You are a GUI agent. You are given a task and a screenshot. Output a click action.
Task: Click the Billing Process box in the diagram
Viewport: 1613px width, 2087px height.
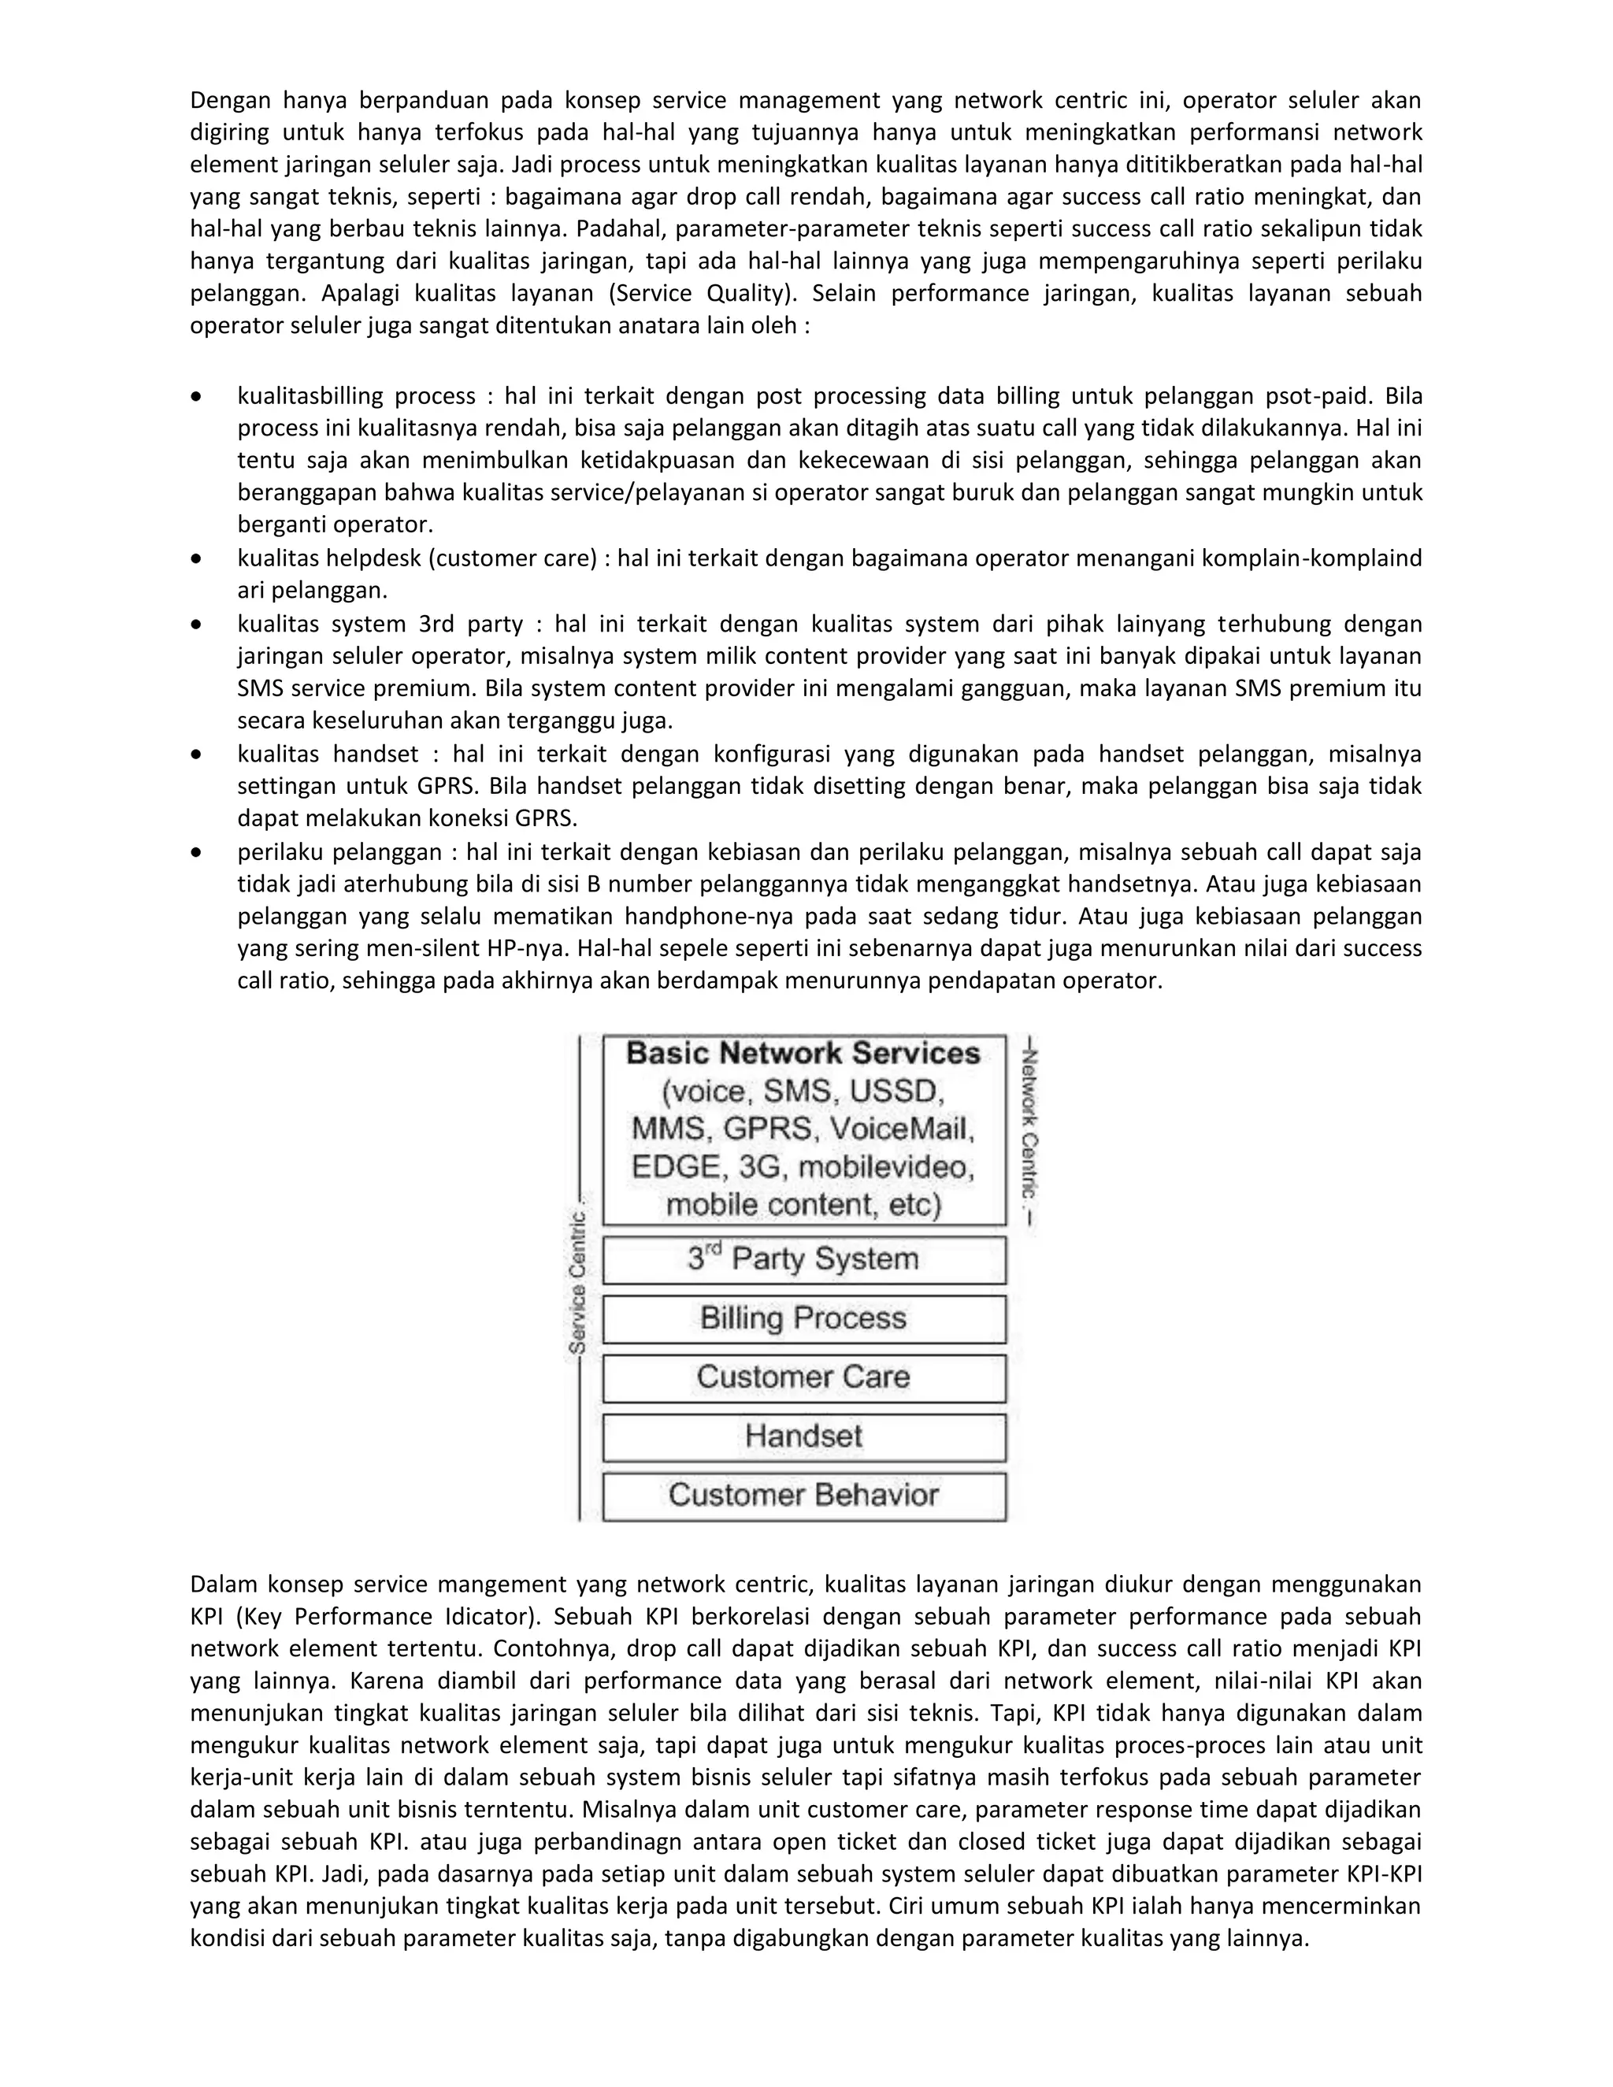803,1318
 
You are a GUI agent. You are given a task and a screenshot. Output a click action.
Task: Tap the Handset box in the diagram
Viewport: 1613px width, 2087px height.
803,1436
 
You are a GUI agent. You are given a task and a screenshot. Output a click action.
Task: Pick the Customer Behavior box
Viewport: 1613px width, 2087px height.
803,1495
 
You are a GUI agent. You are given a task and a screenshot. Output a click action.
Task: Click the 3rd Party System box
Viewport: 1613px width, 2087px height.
803,1259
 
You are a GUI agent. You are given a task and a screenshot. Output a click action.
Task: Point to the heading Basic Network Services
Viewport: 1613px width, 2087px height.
803,1053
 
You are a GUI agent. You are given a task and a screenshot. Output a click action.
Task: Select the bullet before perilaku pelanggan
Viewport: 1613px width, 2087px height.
197,852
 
